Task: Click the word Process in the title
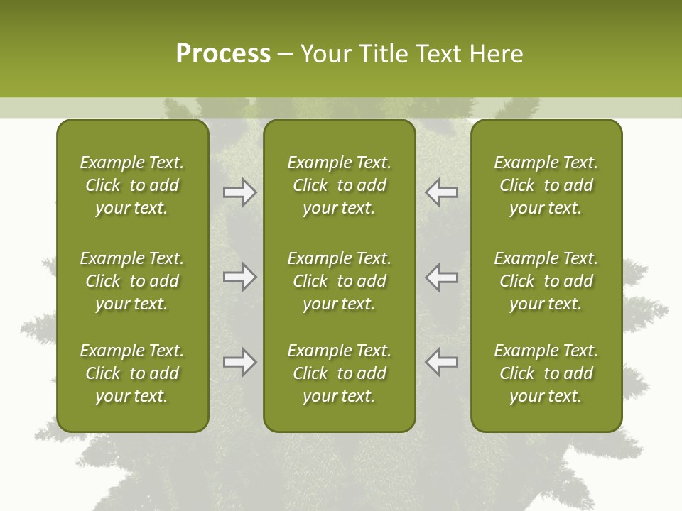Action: point(223,54)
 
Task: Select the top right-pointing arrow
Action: point(240,192)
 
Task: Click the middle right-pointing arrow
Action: point(240,277)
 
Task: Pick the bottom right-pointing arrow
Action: point(240,362)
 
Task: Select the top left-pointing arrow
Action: point(441,192)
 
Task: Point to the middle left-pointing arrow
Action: point(441,277)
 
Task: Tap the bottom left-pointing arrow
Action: point(441,362)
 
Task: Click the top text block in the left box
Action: point(132,185)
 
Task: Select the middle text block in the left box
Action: point(132,281)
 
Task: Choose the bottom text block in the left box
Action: point(132,373)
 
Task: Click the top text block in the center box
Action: point(339,185)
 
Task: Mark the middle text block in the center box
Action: point(339,281)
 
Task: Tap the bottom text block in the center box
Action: point(339,373)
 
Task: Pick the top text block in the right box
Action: point(546,185)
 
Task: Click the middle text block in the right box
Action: point(546,281)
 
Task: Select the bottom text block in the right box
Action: point(546,373)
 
